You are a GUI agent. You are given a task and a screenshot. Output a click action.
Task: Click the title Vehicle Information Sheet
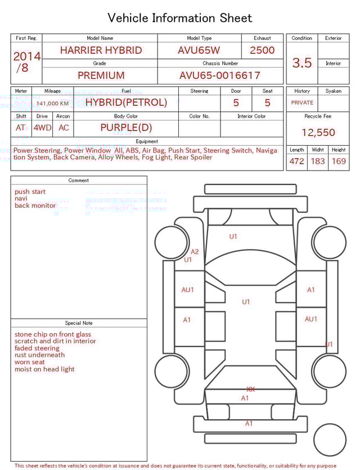(180, 18)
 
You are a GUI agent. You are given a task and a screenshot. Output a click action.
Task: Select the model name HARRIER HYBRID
(101, 50)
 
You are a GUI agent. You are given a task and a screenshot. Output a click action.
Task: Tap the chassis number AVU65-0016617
(220, 75)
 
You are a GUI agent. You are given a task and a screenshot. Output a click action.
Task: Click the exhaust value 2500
(262, 50)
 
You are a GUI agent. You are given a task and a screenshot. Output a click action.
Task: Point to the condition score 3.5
(302, 63)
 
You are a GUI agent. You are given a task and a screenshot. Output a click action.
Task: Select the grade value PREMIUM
(101, 75)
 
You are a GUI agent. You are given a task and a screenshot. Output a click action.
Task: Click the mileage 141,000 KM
(52, 104)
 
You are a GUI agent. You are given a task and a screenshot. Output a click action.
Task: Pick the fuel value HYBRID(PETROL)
(126, 102)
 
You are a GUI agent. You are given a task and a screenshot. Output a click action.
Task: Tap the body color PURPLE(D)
(126, 128)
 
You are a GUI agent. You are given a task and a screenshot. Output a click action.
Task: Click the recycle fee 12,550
(318, 133)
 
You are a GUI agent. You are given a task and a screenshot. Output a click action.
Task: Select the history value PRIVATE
(302, 103)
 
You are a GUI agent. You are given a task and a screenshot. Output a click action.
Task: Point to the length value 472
(296, 162)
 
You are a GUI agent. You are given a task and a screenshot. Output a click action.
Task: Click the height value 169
(339, 162)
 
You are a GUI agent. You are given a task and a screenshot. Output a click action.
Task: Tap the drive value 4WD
(42, 128)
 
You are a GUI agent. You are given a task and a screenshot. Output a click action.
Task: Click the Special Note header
(79, 323)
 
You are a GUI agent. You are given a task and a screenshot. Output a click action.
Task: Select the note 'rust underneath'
(39, 355)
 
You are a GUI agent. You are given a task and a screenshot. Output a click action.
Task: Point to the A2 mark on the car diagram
(195, 252)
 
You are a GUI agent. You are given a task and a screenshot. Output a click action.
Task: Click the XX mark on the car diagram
(251, 389)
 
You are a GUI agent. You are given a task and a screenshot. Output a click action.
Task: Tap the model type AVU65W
(199, 50)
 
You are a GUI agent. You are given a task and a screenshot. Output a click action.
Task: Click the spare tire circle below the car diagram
(329, 440)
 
